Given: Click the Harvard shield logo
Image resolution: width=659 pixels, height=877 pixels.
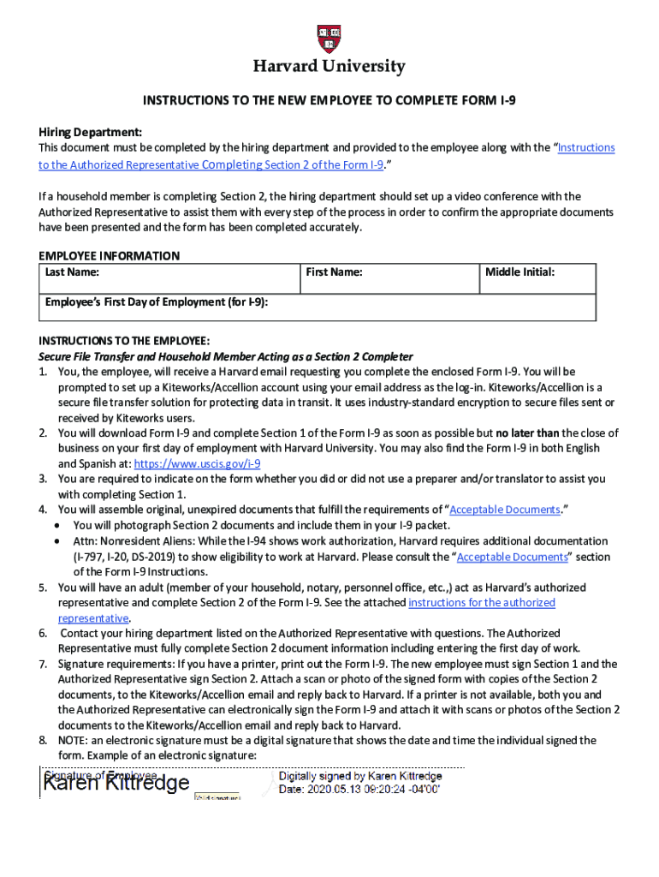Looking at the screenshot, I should (x=329, y=39).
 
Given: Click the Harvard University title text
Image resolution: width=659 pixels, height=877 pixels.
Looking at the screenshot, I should (x=329, y=67).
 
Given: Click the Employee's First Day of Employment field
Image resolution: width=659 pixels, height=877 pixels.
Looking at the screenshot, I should (x=317, y=307).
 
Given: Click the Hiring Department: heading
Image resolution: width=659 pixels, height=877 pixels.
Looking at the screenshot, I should (x=90, y=132).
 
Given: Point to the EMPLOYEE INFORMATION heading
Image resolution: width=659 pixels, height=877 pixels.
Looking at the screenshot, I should (x=110, y=255).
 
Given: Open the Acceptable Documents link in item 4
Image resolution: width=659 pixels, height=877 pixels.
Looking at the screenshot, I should (x=505, y=510).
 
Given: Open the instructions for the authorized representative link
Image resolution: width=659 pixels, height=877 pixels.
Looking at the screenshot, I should (x=481, y=603).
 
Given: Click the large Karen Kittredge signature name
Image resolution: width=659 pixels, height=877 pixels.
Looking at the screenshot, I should (x=116, y=784).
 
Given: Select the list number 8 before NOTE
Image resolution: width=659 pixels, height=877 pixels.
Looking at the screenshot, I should (x=43, y=740).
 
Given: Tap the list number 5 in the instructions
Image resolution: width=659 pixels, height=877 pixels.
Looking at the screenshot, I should (x=43, y=588).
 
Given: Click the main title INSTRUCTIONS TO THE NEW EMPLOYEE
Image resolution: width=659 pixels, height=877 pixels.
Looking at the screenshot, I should (x=329, y=100).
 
